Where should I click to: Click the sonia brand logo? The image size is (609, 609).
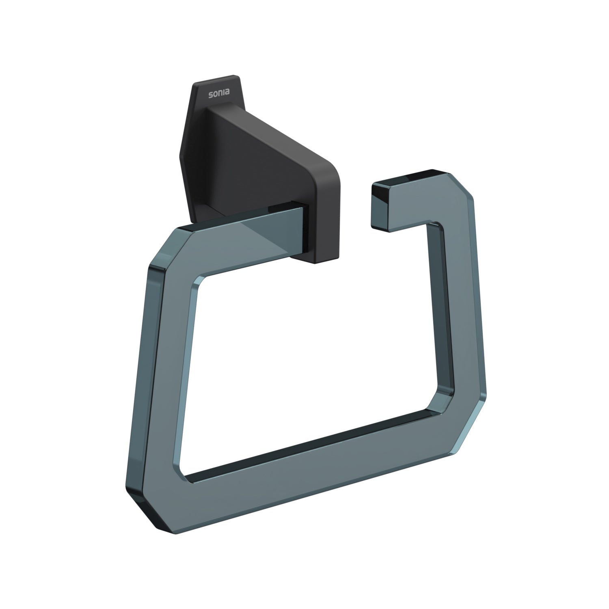[x=218, y=94]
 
